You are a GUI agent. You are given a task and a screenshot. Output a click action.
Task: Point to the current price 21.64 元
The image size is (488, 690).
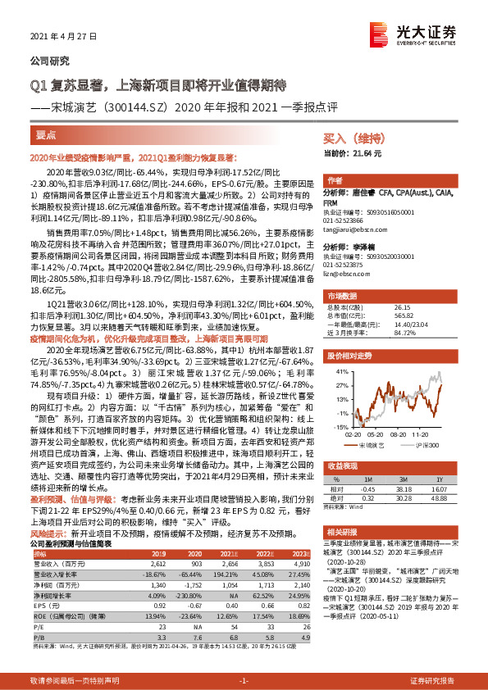point(342,153)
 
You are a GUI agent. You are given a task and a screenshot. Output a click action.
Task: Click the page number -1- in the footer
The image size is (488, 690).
point(243,681)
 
